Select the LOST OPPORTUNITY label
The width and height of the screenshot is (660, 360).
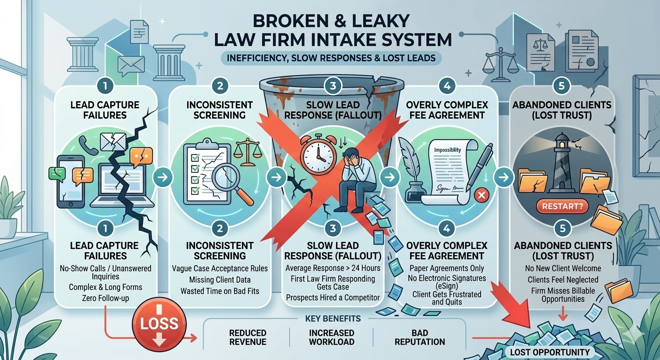550,352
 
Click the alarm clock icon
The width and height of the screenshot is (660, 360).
317,155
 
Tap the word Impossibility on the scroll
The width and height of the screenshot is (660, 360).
447,150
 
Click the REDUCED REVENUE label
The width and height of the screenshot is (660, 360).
248,337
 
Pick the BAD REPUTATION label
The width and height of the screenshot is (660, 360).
420,337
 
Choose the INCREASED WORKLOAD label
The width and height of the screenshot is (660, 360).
331,337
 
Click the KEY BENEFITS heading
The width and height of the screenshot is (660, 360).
332,319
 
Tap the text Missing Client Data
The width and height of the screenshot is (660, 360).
220,280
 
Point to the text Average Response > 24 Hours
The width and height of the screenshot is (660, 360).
333,268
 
